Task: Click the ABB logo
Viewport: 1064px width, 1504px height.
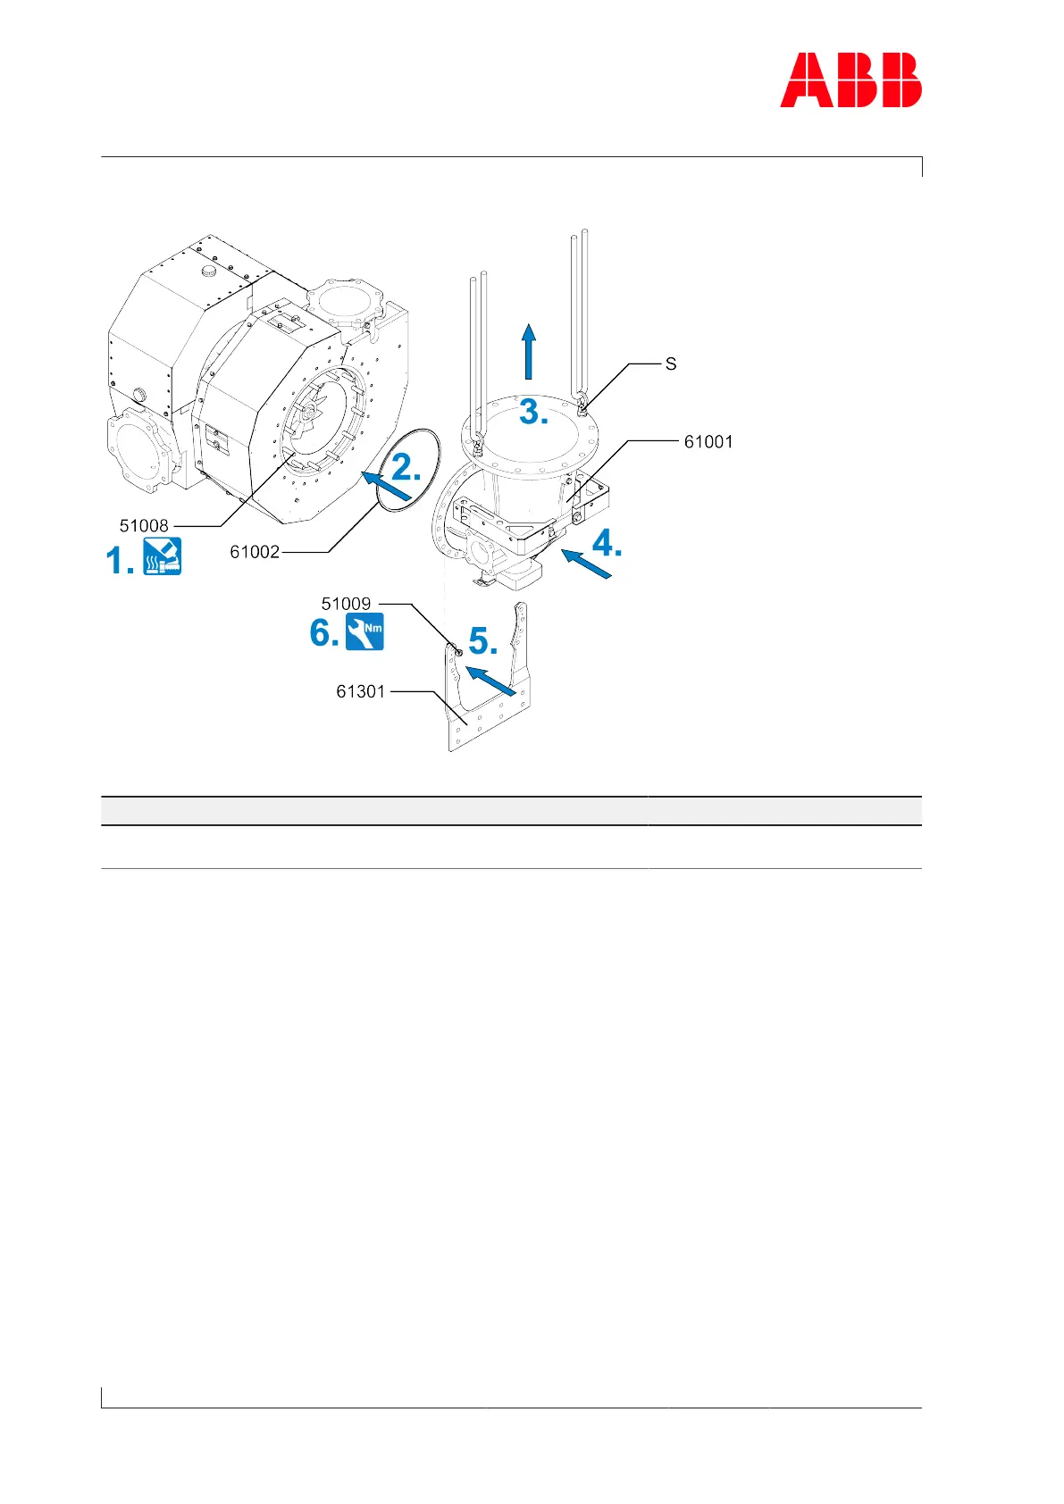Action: coord(850,80)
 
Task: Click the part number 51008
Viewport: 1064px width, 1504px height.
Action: coord(144,526)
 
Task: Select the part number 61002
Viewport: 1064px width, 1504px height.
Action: coord(255,552)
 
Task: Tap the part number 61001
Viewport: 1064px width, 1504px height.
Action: coord(708,441)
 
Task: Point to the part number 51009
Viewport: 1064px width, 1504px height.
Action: coord(346,604)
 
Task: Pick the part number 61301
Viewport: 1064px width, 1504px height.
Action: coord(360,691)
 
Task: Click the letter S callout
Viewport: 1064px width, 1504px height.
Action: coord(671,364)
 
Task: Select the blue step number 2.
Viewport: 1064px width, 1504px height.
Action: coord(406,467)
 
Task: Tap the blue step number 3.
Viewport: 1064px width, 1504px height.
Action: coord(533,412)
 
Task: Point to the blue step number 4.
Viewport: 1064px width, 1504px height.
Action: coord(607,543)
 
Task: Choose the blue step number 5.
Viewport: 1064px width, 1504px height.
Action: coord(482,641)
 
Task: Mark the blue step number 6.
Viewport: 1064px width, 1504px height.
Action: coord(323,633)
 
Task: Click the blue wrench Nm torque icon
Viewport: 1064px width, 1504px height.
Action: coord(364,631)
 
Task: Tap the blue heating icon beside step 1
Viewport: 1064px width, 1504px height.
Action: coord(163,556)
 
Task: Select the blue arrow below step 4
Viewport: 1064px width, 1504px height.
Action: coord(587,565)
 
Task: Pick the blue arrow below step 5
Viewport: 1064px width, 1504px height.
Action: coord(491,680)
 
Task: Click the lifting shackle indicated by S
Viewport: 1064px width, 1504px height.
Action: coord(582,406)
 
